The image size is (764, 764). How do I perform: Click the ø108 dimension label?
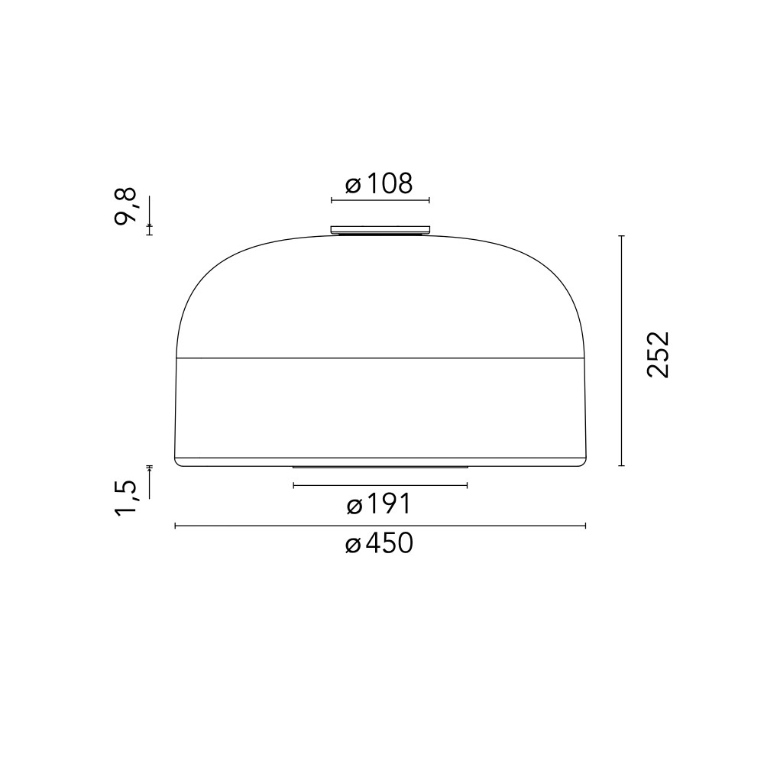pyautogui.click(x=379, y=183)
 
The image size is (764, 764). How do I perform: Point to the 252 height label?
pyautogui.click(x=659, y=354)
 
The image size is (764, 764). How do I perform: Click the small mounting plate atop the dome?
pyautogui.click(x=380, y=229)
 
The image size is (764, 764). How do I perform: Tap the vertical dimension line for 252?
pyautogui.click(x=621, y=351)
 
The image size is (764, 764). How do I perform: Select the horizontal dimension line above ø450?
pyautogui.click(x=380, y=526)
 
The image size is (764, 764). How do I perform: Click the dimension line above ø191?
pyautogui.click(x=380, y=485)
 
